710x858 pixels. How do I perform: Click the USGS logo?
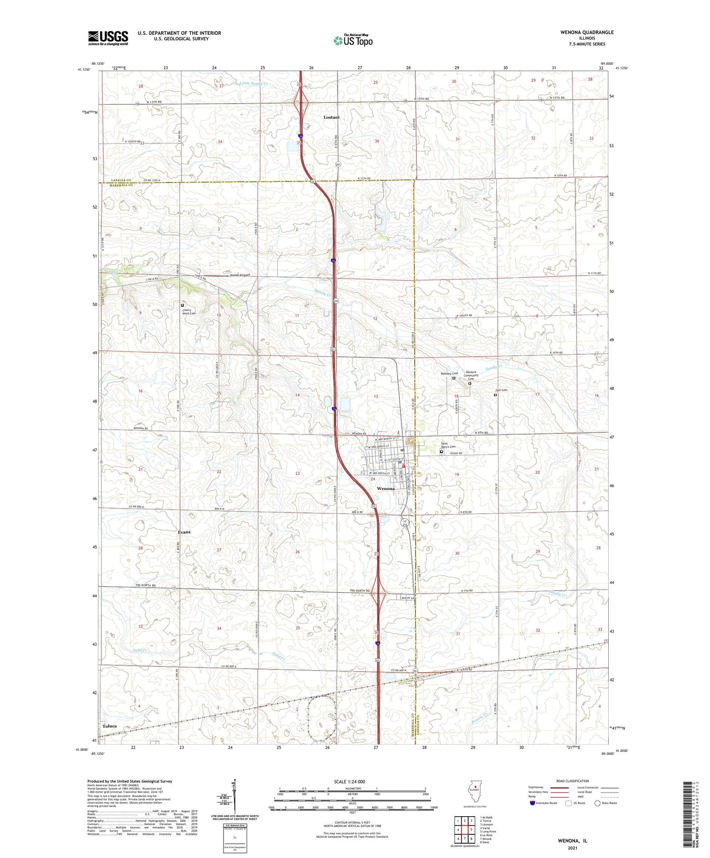[x=108, y=38]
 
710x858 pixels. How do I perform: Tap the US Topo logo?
[x=352, y=40]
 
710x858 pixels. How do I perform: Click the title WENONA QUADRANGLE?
[x=587, y=32]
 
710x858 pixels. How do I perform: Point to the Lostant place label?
[x=331, y=117]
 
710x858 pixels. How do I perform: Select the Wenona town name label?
[x=385, y=489]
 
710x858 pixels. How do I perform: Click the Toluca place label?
[x=110, y=726]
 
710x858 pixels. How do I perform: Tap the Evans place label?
[x=184, y=532]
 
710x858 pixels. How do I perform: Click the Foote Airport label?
[x=240, y=275]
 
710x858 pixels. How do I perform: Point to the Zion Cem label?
[x=501, y=390]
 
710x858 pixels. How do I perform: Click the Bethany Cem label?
[x=449, y=373]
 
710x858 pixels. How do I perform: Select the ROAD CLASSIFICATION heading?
[x=573, y=781]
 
